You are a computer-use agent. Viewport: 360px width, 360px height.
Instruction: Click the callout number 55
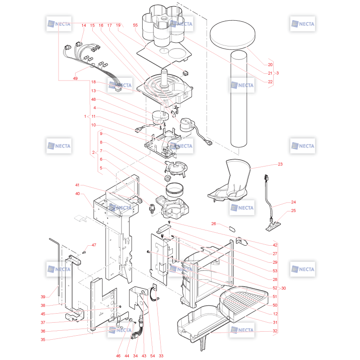coord(135,25)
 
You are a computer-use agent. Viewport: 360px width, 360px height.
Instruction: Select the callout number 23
coord(280,164)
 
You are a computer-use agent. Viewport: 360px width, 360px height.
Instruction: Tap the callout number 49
coord(75,78)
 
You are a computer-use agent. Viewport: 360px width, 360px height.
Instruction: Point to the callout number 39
coord(43,297)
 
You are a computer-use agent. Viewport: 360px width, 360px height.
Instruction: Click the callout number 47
coord(94,245)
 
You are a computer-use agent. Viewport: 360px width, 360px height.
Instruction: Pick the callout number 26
coord(213,223)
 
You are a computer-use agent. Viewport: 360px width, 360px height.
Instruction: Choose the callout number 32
coord(275,331)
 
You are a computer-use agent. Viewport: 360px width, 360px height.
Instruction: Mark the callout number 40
coord(77,193)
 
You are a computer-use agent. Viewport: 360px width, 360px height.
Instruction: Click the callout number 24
coord(293,202)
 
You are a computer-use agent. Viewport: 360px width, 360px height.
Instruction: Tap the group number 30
coord(283,288)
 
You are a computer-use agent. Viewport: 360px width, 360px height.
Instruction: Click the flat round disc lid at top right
coord(233,35)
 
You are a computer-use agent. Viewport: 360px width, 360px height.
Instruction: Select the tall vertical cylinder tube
coord(239,99)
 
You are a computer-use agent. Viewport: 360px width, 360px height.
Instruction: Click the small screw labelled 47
coord(84,252)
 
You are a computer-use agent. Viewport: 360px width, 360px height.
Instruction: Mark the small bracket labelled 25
coord(273,226)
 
